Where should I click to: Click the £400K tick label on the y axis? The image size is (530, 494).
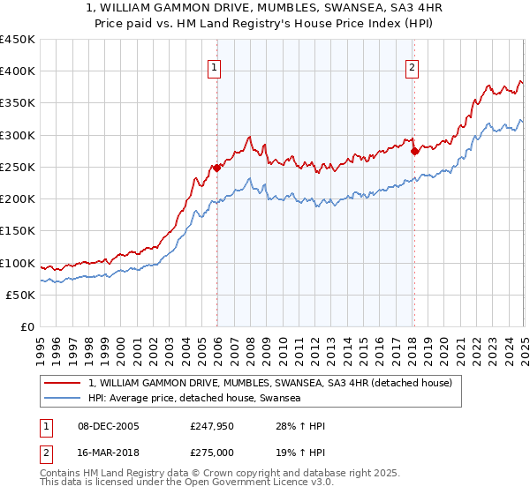pyautogui.click(x=18, y=71)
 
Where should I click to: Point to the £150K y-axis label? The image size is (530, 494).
pyautogui.click(x=18, y=231)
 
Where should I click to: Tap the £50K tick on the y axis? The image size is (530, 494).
pyautogui.click(x=21, y=295)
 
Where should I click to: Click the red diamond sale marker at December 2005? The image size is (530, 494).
pyautogui.click(x=216, y=168)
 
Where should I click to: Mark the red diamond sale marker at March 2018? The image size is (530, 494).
pyautogui.click(x=414, y=151)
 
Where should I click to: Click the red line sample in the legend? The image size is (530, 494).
pyautogui.click(x=62, y=384)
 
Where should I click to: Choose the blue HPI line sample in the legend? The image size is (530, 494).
pyautogui.click(x=62, y=399)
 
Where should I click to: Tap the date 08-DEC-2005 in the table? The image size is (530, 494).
pyautogui.click(x=108, y=426)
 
